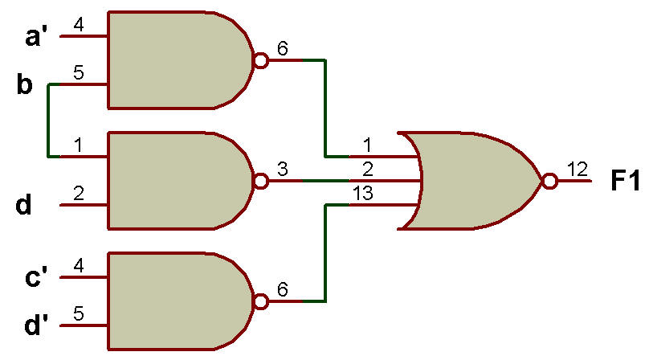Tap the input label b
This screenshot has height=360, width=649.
pos(25,84)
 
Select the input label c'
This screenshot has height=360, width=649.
pos(36,276)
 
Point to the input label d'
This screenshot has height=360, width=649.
pos(36,325)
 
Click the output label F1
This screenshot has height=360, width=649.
pos(625,181)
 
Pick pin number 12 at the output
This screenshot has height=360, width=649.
pos(578,169)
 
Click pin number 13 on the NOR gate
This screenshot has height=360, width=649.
pos(363,193)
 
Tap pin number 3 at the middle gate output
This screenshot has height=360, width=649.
pos(282,169)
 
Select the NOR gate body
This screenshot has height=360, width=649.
pos(471,181)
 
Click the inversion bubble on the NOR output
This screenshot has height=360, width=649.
pos(549,181)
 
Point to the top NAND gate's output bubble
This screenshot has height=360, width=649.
pos(261,60)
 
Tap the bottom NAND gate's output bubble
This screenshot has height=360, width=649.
pos(261,301)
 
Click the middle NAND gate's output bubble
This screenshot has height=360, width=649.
pos(261,181)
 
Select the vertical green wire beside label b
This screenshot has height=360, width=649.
pos(48,121)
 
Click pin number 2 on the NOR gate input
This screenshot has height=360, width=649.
pos(368,169)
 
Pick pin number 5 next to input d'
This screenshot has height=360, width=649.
pos(79,313)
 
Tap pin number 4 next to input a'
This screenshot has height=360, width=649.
pos(79,25)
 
